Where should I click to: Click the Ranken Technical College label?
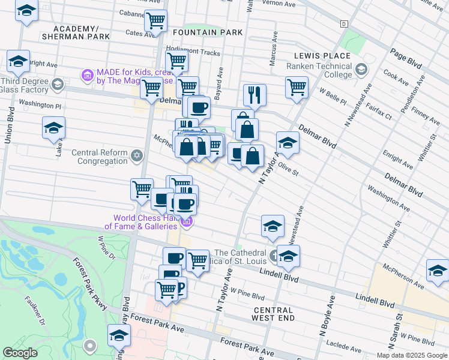point(319,70)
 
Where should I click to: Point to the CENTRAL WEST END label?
point(273,313)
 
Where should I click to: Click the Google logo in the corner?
point(20,353)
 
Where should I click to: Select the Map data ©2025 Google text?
point(412,355)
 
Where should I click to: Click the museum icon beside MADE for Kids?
point(87,76)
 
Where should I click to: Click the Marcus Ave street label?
point(273,53)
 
